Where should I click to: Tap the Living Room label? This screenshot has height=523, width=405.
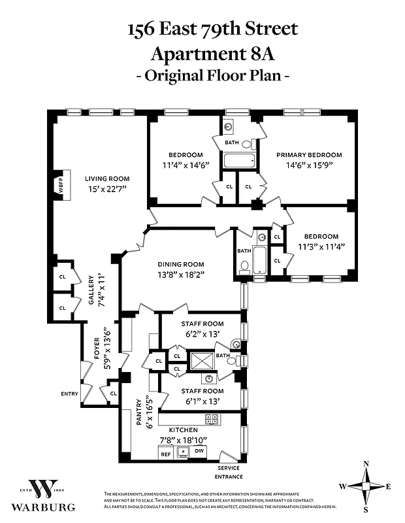107,178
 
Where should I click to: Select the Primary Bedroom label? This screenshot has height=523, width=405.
309,155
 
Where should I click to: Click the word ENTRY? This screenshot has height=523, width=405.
69,394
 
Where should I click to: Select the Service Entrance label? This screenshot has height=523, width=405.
225,471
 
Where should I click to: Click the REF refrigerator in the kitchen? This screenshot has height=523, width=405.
166,452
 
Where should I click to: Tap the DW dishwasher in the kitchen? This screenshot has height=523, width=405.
199,451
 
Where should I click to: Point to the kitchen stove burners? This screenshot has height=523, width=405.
212,419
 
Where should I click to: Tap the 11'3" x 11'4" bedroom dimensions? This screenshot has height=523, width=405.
321,246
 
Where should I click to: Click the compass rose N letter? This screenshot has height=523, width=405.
366,464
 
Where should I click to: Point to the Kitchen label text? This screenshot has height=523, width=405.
183,430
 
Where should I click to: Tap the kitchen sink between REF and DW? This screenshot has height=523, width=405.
184,451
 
